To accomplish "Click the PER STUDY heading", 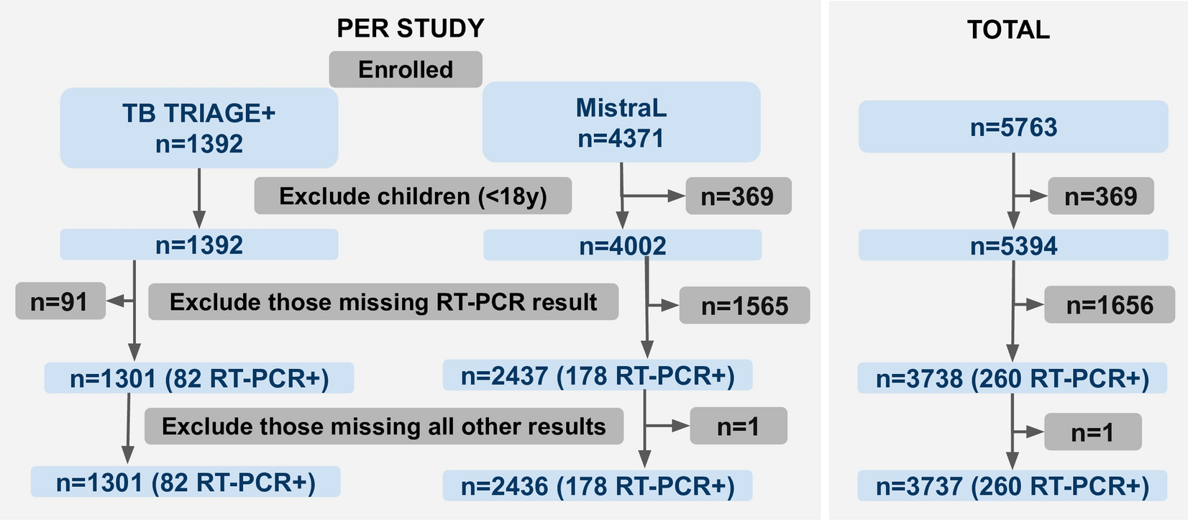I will (x=411, y=28).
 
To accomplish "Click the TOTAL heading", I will (x=1008, y=29).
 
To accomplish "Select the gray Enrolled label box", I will (x=406, y=70).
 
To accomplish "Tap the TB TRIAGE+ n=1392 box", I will (x=198, y=128).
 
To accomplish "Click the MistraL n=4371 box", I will (x=621, y=122).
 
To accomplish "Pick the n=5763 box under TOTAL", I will (x=1013, y=127).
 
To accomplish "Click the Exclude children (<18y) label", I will (x=413, y=196).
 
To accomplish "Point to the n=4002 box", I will (x=622, y=246).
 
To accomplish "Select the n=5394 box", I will (x=1013, y=246).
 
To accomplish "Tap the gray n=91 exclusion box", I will (x=60, y=301).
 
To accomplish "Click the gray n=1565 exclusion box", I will (x=744, y=306).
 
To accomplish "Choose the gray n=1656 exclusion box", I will (x=1110, y=305).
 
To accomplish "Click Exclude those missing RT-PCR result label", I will (x=383, y=302).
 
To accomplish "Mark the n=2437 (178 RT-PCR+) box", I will (x=598, y=376).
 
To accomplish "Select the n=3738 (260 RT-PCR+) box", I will (x=1013, y=378).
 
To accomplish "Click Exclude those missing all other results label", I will (x=384, y=427).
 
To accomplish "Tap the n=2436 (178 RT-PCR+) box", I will (x=598, y=486).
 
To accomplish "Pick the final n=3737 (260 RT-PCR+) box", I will (x=1013, y=486).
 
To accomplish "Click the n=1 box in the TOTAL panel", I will (x=1092, y=432).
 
